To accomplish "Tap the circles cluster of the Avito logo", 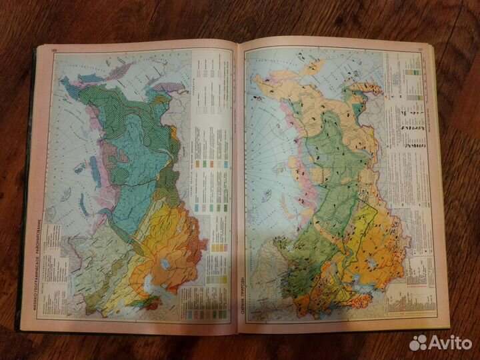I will point(418,342).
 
